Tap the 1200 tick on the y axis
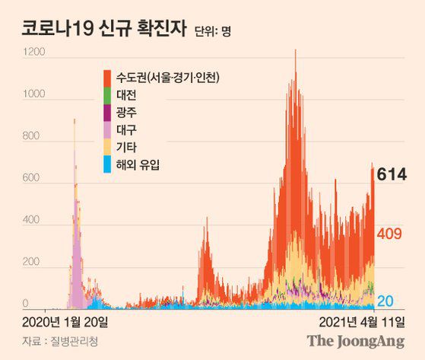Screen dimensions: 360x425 click(x=36, y=53)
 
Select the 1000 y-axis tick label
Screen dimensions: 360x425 click(x=36, y=95)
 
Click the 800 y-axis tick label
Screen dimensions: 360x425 click(x=33, y=138)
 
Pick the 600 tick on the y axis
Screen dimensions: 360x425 click(x=33, y=180)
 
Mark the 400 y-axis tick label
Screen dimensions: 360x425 click(x=33, y=221)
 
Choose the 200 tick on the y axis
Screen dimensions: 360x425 click(x=33, y=263)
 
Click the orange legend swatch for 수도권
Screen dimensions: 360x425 click(x=107, y=78)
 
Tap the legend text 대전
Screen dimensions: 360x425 click(x=127, y=95)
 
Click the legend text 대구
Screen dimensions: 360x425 click(x=127, y=129)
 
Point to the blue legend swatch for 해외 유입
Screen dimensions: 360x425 click(x=107, y=164)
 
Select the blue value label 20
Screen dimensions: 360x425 click(x=385, y=300)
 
